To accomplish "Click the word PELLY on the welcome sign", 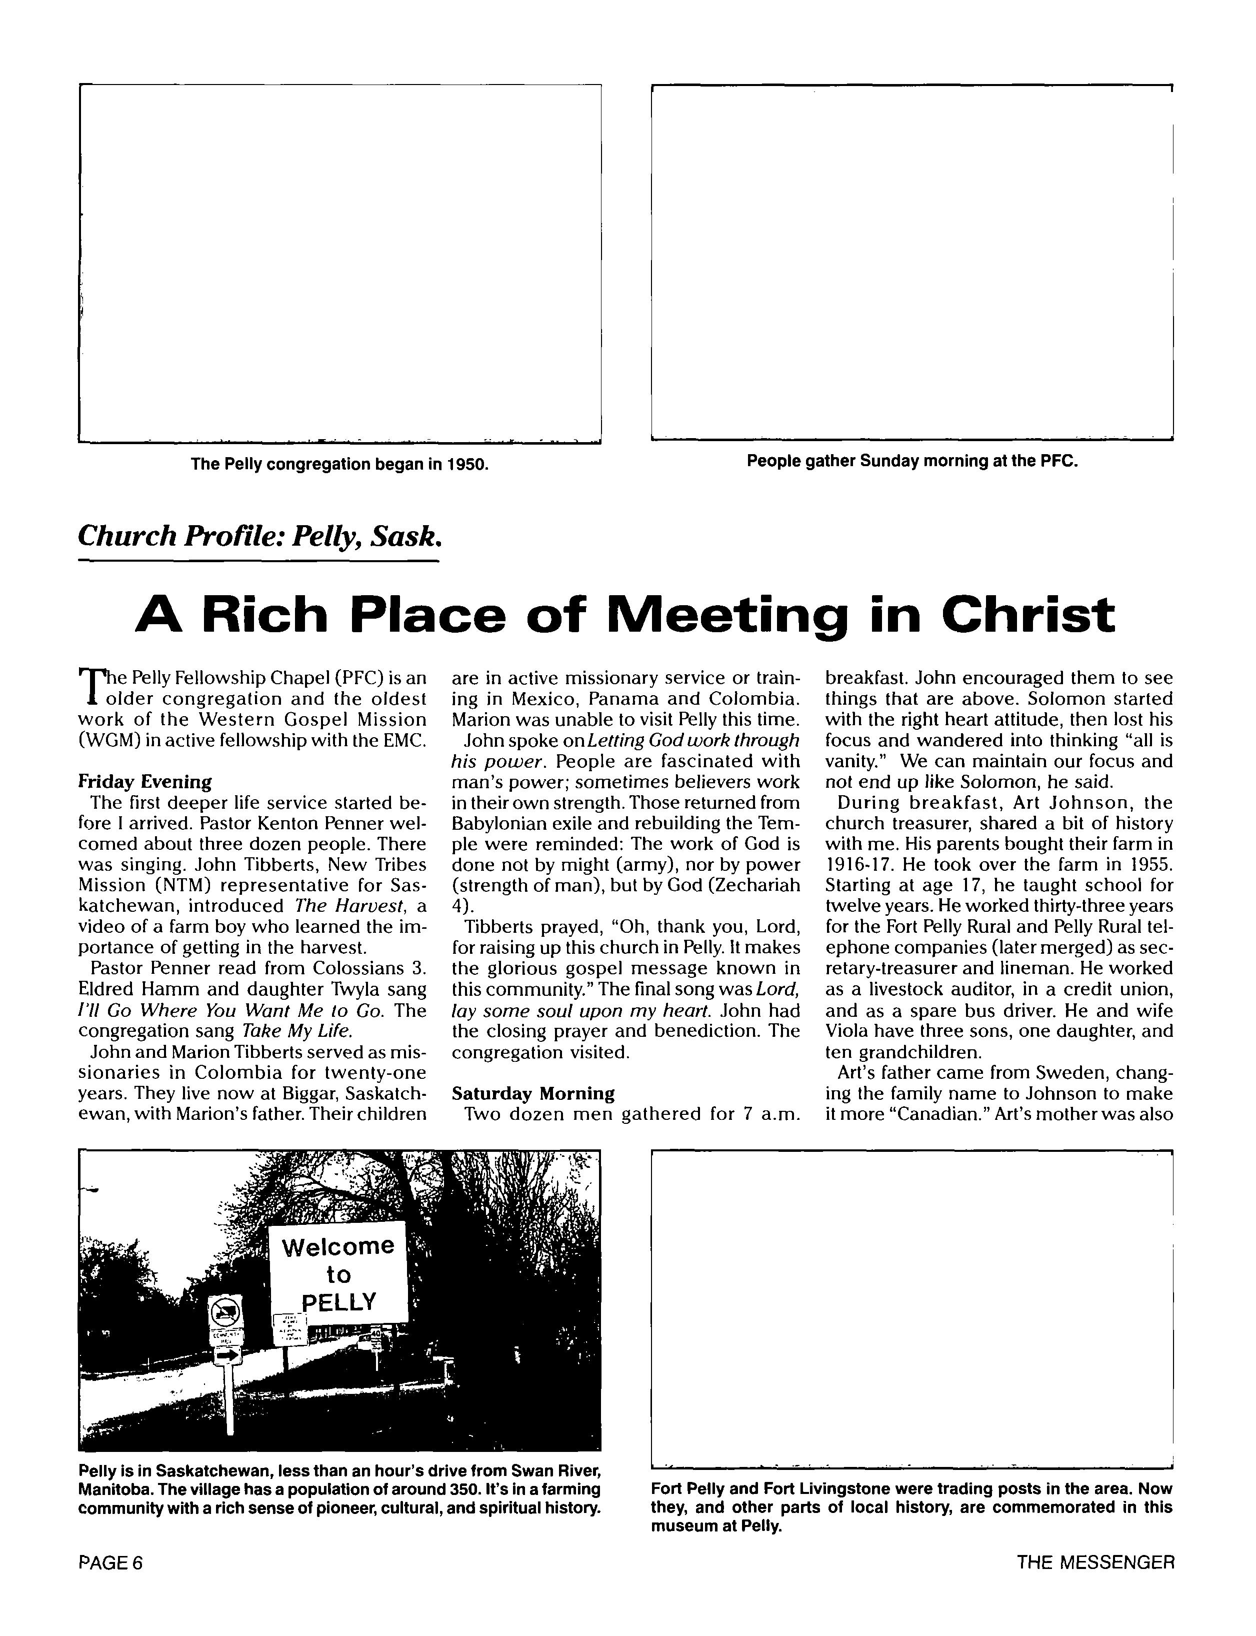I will pos(338,1302).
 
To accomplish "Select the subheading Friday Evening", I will pos(144,782).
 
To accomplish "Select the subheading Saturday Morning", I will pos(533,1094).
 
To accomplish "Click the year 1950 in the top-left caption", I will pos(467,464).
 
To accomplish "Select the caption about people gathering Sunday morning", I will pos(912,461).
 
